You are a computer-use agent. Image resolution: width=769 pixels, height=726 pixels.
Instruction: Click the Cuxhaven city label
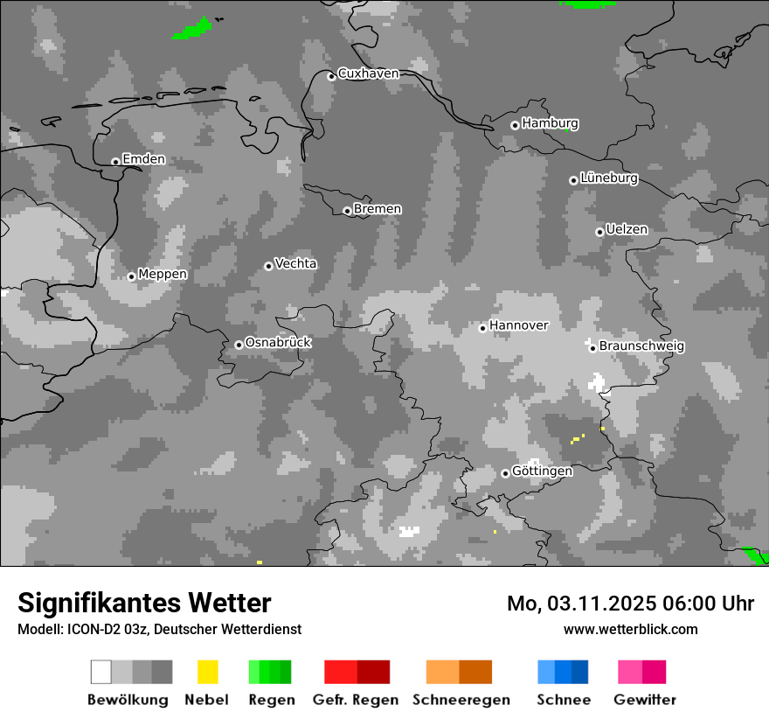pos(368,73)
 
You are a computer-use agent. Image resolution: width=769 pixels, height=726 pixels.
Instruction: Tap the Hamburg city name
pos(550,123)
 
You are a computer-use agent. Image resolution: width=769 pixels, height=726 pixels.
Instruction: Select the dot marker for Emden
pos(115,161)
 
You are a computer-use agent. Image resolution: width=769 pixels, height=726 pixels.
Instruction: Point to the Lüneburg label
pos(608,178)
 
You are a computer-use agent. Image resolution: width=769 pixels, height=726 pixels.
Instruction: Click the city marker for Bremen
pos(347,211)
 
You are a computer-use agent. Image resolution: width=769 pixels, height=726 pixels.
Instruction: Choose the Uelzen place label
pos(627,230)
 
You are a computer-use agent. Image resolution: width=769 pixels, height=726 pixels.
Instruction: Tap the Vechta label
pos(295,264)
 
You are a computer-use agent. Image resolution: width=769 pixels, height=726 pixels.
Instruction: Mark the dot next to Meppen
pos(131,276)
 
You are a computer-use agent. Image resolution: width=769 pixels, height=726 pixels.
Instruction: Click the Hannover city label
pos(518,325)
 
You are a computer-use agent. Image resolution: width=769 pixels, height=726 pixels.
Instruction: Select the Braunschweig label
pos(641,346)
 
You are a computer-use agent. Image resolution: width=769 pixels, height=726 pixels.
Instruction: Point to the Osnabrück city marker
pos(239,345)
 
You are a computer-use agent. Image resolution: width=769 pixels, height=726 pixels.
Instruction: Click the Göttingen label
pos(542,471)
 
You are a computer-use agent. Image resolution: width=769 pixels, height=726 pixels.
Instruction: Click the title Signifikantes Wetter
pos(144,603)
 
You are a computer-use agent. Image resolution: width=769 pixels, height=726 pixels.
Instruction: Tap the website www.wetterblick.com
pos(630,629)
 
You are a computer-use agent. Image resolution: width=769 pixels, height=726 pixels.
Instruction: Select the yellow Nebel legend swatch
pos(207,672)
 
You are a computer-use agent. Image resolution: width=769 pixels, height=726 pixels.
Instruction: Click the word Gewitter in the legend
pos(645,700)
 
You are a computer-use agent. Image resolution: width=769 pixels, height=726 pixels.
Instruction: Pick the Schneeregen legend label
pos(461,700)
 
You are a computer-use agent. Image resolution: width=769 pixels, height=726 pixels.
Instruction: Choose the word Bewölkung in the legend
pos(128,700)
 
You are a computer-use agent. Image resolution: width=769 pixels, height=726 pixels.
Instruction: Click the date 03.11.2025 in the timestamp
pos(601,604)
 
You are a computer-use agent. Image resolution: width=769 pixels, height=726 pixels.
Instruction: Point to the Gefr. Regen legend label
pos(355,700)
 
